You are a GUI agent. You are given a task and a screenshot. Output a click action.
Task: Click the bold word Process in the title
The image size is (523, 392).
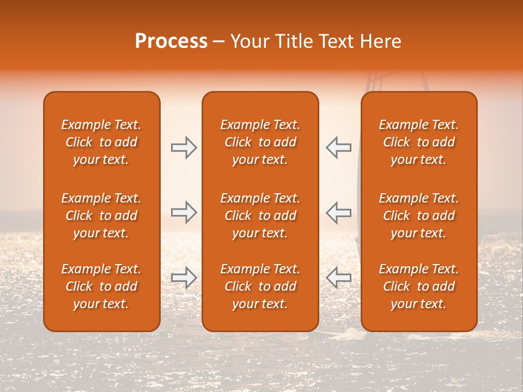(171, 41)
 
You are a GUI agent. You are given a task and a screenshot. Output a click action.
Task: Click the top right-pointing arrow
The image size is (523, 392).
(184, 147)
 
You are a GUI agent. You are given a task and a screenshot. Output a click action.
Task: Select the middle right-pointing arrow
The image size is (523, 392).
(184, 212)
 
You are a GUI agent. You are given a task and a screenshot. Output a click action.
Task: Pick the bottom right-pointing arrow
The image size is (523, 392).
(184, 278)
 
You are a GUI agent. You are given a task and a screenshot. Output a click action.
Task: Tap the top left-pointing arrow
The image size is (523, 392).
(338, 147)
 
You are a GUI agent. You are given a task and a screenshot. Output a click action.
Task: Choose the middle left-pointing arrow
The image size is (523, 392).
(338, 212)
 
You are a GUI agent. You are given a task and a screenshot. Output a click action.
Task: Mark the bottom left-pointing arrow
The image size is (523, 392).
(338, 278)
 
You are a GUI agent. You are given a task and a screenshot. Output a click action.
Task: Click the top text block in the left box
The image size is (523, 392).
(101, 142)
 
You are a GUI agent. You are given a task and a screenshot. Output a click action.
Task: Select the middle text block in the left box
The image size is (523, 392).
(101, 216)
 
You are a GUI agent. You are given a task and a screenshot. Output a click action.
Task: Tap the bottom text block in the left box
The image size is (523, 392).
(101, 286)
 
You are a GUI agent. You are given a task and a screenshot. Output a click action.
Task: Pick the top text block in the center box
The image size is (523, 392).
(260, 142)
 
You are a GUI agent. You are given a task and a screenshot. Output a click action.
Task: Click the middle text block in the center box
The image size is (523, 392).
(260, 216)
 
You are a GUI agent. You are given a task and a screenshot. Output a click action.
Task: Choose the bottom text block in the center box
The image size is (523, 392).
(260, 286)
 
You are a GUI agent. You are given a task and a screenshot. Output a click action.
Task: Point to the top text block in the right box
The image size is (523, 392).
(418, 142)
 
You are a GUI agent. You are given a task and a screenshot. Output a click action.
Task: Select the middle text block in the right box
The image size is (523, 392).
(418, 216)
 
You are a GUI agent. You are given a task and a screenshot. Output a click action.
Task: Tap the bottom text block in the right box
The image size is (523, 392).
(418, 286)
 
